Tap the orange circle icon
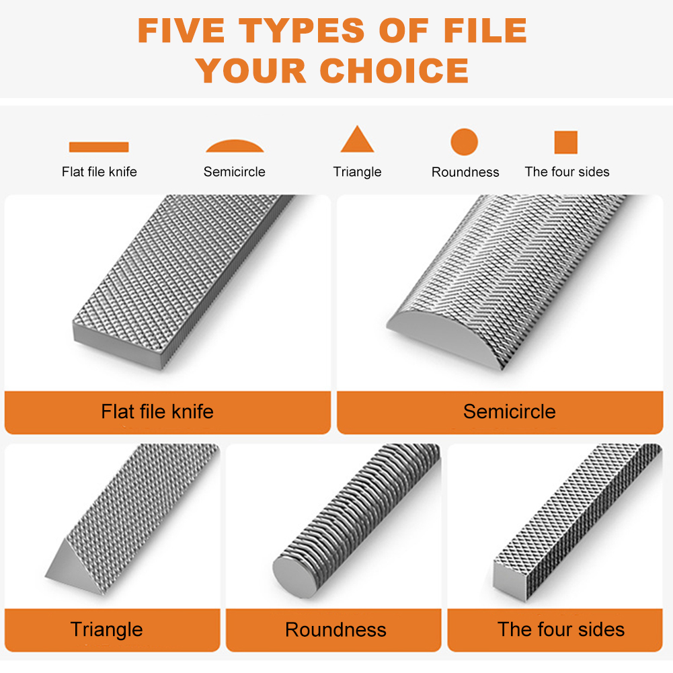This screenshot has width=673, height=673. click(x=464, y=143)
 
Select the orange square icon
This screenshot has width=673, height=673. click(x=566, y=143)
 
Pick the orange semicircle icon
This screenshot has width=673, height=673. click(x=235, y=147)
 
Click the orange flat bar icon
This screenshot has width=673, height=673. click(x=99, y=147)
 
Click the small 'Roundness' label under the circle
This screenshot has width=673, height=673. click(x=465, y=172)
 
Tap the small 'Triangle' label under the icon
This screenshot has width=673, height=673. click(x=357, y=172)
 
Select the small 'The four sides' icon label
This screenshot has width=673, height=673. click(x=567, y=172)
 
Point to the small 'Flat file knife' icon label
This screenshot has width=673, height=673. click(x=99, y=172)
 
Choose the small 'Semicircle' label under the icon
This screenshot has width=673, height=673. click(x=235, y=172)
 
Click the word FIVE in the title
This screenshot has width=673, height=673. click(x=182, y=30)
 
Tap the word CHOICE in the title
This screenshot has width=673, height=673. click(x=394, y=71)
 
